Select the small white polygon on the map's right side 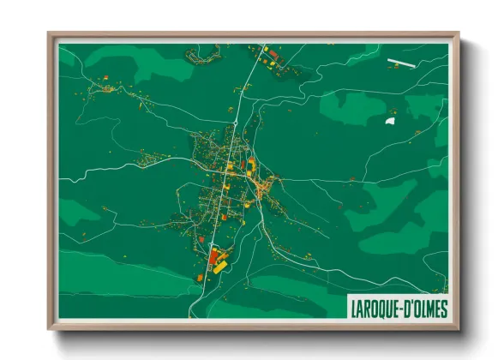391,122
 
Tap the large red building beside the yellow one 213,255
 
